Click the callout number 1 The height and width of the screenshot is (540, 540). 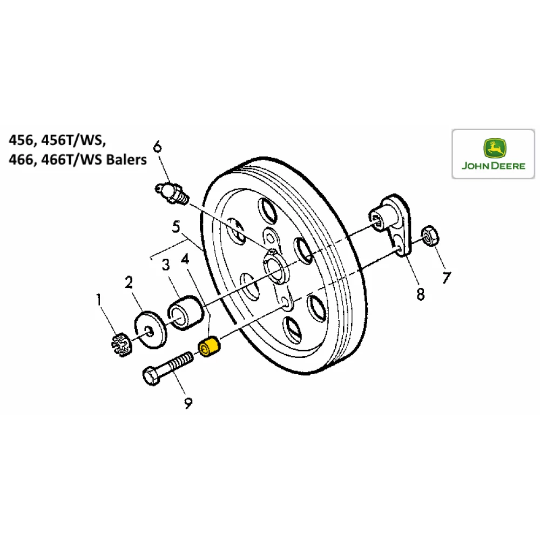pyautogui.click(x=99, y=298)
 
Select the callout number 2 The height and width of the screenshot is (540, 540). pyautogui.click(x=129, y=282)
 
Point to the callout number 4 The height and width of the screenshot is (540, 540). pyautogui.click(x=186, y=260)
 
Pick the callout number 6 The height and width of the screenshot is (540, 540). pyautogui.click(x=157, y=146)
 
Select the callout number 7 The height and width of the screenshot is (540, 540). pyautogui.click(x=446, y=278)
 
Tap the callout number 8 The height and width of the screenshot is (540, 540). pyautogui.click(x=420, y=294)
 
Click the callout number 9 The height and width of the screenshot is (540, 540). pyautogui.click(x=188, y=402)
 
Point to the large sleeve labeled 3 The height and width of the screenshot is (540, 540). pyautogui.click(x=186, y=312)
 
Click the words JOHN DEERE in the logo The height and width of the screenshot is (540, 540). pyautogui.click(x=493, y=166)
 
